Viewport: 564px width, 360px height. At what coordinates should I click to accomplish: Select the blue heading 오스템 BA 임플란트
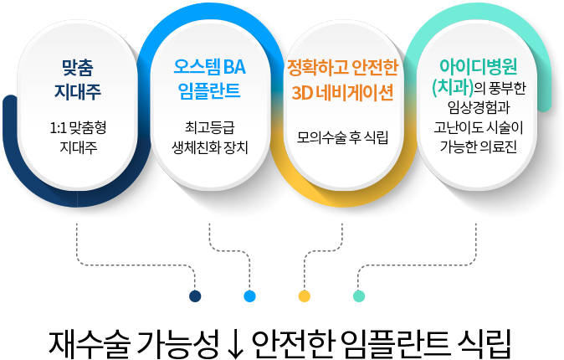pos(209,77)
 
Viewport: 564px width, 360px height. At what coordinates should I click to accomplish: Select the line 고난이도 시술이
pos(476,127)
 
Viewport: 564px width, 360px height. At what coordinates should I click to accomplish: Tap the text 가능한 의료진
pos(476,147)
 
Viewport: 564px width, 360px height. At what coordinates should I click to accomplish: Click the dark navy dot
pos(195,296)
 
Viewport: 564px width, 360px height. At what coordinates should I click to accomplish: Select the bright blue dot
pos(249,296)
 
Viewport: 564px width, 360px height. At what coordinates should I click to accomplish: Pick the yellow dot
pos(304,296)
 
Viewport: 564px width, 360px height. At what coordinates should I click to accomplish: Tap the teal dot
pos(358,296)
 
